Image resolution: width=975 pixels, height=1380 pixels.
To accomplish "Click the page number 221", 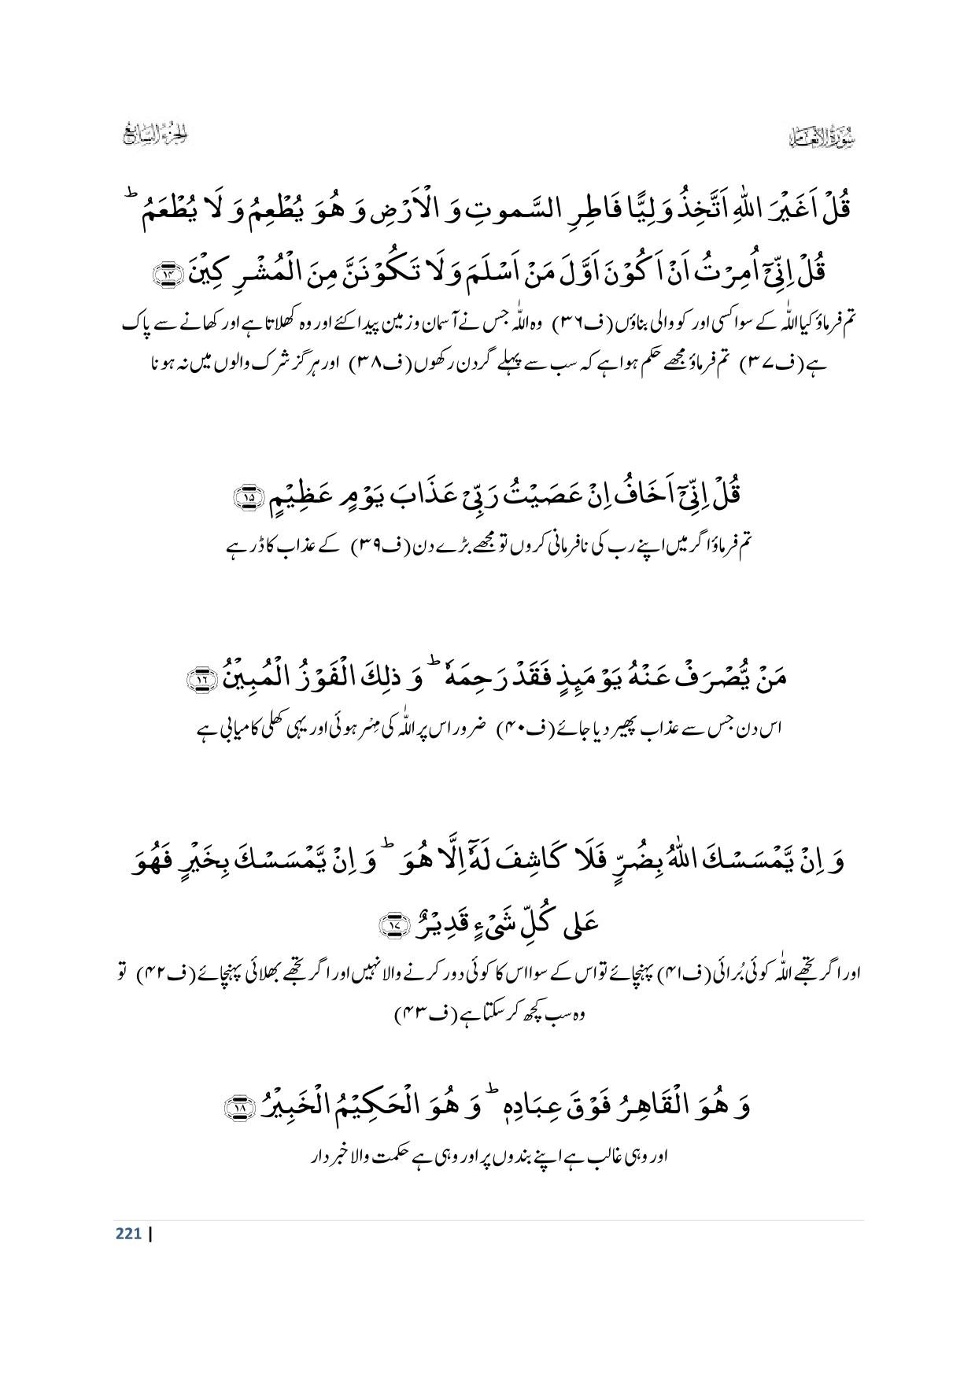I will click(127, 1234).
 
